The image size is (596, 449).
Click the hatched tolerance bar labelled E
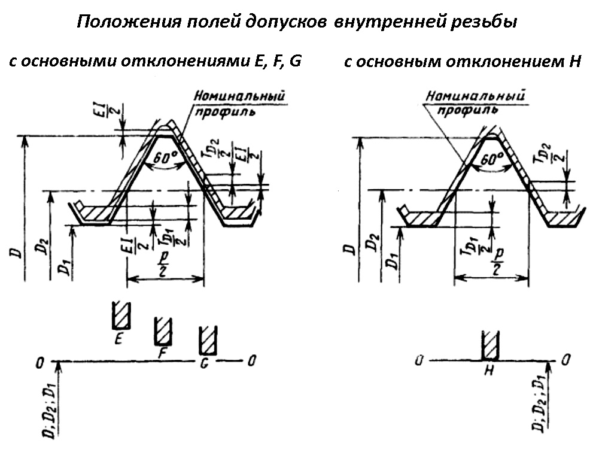click(x=120, y=315)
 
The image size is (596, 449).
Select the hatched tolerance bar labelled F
click(x=163, y=331)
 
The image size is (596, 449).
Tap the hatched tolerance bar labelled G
click(x=207, y=341)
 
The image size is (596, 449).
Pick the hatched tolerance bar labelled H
click(x=490, y=345)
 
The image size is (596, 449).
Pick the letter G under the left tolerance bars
click(x=205, y=365)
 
